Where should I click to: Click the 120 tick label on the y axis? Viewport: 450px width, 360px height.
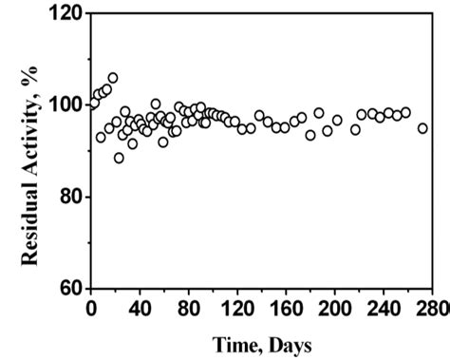coord(66,15)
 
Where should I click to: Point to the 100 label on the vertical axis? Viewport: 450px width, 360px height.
coord(66,104)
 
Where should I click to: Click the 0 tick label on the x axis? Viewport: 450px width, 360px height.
coord(91,309)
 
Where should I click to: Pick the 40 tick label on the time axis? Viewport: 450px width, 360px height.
coord(140,309)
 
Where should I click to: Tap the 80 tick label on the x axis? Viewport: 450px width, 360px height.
coord(188,309)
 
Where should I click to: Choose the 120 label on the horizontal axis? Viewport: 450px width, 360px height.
coord(237,309)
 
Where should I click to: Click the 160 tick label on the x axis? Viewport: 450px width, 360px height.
coord(287,309)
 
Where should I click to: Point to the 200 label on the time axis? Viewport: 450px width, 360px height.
coord(336,309)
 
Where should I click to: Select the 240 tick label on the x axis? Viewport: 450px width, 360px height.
coord(384,309)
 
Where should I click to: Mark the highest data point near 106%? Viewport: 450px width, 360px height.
coord(113,78)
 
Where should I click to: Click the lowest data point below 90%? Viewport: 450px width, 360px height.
coord(119,158)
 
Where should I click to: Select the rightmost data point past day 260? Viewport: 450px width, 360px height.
coord(422,128)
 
